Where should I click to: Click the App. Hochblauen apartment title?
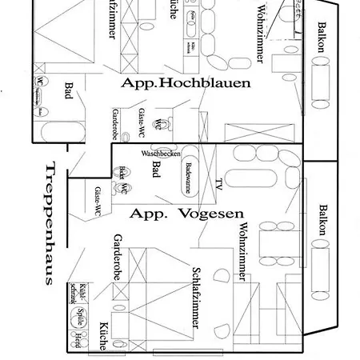[186, 82]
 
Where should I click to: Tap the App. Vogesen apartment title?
[186, 213]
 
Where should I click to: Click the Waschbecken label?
[161, 153]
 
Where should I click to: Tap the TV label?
[218, 183]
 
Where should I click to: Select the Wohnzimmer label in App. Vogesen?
[242, 253]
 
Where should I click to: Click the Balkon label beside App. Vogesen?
[322, 219]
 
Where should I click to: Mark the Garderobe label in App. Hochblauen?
[114, 124]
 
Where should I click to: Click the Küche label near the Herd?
[102, 337]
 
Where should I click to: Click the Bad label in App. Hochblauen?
[69, 90]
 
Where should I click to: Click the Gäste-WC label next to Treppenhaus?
[96, 201]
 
